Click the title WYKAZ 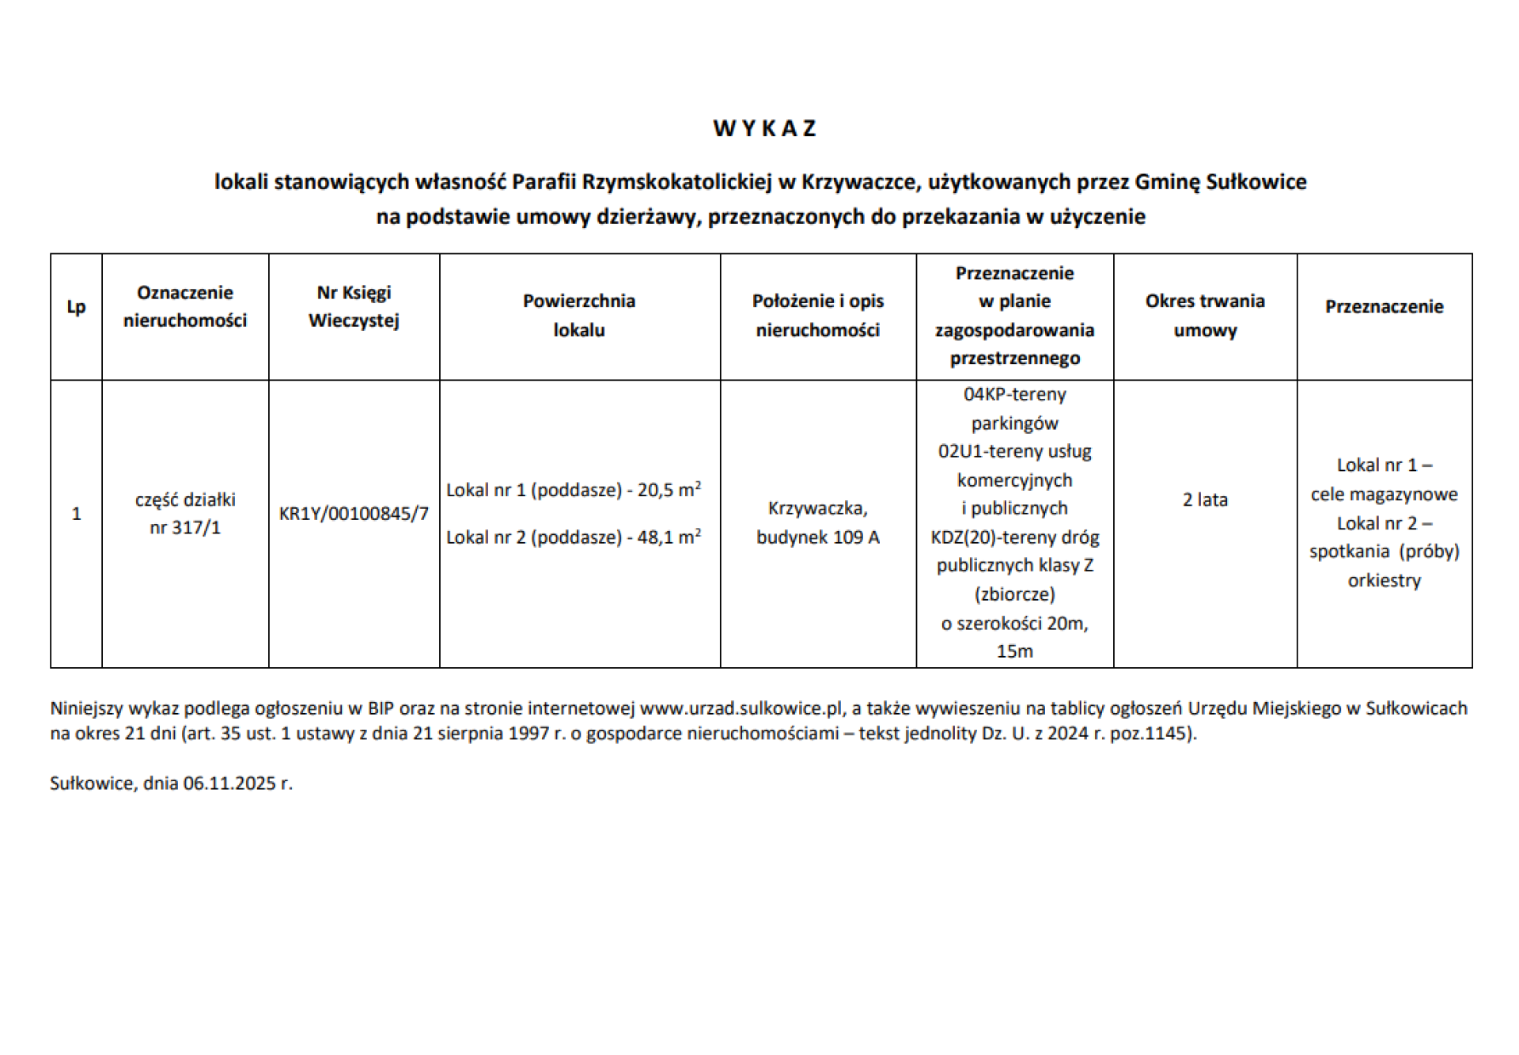[x=764, y=128]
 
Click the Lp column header [x=76, y=307]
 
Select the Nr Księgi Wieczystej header [x=354, y=306]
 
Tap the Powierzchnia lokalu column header [x=579, y=315]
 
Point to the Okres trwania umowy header [x=1205, y=315]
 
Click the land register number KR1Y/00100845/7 [x=354, y=514]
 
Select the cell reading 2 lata [x=1205, y=499]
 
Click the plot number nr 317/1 [x=185, y=527]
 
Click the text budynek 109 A [x=817, y=537]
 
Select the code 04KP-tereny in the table [x=1014, y=394]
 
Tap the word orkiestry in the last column [x=1384, y=580]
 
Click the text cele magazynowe [x=1384, y=495]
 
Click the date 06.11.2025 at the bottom [x=229, y=784]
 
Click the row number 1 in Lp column [x=76, y=514]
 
